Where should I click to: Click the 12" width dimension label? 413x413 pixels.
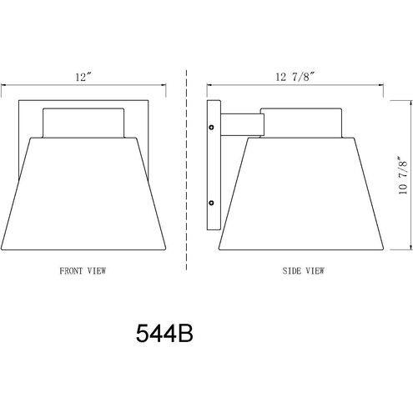point(83,77)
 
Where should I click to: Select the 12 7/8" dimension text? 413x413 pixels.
point(295,77)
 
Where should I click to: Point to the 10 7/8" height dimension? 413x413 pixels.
point(403,175)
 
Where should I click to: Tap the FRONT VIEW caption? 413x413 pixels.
point(83,270)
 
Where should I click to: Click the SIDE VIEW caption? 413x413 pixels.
point(303,270)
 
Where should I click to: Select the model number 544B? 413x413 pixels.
point(164,334)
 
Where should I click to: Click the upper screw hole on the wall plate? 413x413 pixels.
point(211,128)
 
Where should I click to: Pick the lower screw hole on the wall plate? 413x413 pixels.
point(211,203)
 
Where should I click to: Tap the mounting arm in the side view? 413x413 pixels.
point(242,124)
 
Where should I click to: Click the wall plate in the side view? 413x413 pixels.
point(214,165)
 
